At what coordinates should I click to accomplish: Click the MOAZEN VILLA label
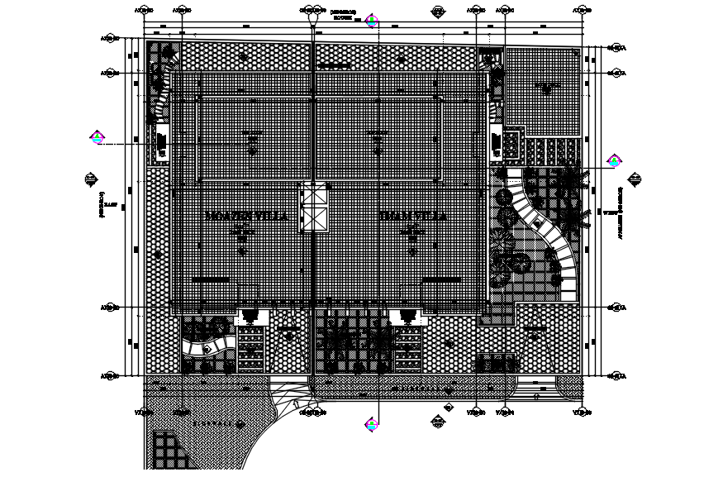point(245,216)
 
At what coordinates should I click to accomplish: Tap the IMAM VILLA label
point(412,216)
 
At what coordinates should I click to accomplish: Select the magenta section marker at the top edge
point(372,19)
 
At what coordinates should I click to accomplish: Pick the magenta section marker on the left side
point(98,138)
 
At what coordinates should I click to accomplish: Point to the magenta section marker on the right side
point(614,160)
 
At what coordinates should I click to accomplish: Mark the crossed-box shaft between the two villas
point(315,207)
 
